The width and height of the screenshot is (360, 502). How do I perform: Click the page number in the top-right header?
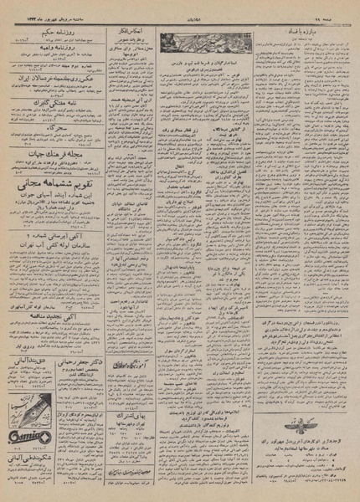tap(339, 8)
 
